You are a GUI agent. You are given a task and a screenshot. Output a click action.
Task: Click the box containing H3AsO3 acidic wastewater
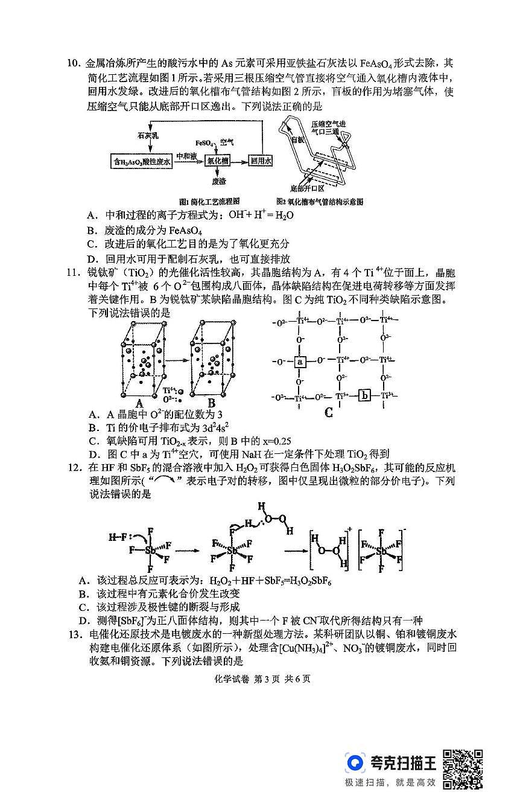coord(143,162)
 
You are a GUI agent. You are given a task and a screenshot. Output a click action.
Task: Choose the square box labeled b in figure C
coord(364,396)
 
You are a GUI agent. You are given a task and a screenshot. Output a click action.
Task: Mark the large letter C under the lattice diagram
coord(329,413)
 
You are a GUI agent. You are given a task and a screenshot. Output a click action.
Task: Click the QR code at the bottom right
coord(463,769)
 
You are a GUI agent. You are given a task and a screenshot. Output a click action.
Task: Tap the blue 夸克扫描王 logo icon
coord(356,763)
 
